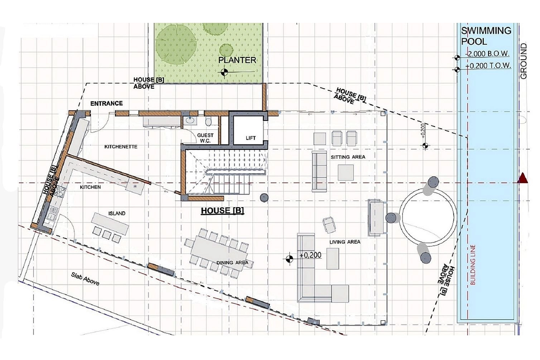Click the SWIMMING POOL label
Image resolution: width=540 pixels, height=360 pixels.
click(486, 36)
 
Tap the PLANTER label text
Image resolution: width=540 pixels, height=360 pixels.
click(237, 60)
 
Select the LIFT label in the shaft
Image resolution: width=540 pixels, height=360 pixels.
click(251, 138)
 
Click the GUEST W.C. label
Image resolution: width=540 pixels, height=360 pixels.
click(205, 138)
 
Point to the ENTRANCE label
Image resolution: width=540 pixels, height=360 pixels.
click(107, 104)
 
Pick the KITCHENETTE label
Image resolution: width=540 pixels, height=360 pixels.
click(121, 147)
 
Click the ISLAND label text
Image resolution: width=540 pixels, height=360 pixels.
click(117, 213)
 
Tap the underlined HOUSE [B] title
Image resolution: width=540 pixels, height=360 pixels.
click(222, 211)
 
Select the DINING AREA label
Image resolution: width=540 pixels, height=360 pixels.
click(232, 262)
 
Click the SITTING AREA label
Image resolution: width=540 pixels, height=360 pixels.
click(348, 157)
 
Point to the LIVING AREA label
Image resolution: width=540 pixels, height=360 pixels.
click(345, 242)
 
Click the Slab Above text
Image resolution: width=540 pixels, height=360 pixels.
click(85, 279)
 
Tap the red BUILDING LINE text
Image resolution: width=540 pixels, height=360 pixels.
click(473, 265)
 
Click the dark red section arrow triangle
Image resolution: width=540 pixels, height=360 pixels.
click(523, 178)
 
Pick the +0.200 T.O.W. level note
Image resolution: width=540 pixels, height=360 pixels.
click(488, 66)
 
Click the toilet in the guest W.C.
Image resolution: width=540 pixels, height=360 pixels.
click(208, 121)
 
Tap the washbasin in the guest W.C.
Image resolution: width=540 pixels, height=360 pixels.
click(190, 120)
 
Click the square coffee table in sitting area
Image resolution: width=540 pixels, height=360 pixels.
click(346, 172)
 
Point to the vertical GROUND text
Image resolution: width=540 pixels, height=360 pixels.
click(524, 61)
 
